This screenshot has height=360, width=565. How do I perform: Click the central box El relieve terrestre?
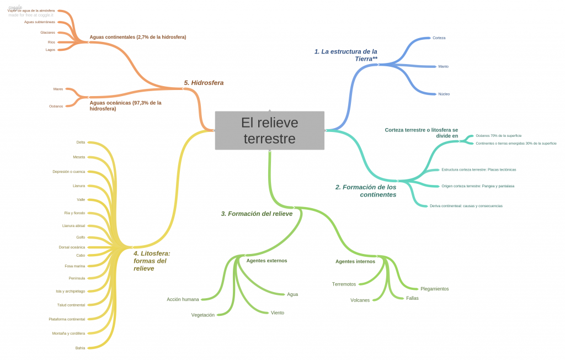tap(269, 130)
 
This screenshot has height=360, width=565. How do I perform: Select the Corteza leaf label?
tap(439, 38)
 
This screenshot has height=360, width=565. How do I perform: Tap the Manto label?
tap(443, 66)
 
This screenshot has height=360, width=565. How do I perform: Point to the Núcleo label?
tap(444, 94)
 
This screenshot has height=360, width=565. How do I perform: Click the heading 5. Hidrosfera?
tap(204, 83)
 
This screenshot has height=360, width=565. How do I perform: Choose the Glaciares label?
tap(47, 33)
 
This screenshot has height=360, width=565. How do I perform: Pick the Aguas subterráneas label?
tap(40, 22)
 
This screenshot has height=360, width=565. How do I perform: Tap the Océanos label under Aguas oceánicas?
tap(56, 106)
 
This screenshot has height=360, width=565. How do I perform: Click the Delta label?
tap(81, 142)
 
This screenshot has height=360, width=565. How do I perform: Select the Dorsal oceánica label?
tap(72, 247)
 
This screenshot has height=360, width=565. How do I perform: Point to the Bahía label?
tap(80, 348)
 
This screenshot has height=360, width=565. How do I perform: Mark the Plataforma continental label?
tap(67, 319)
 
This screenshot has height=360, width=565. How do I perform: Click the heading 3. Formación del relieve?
tap(257, 214)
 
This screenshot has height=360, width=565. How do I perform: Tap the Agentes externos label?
tap(266, 261)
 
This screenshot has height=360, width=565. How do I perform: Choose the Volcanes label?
tap(360, 300)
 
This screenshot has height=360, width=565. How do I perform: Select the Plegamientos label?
tap(434, 289)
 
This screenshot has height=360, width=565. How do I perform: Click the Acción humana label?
tap(183, 299)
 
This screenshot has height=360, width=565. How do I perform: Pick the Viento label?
tap(278, 313)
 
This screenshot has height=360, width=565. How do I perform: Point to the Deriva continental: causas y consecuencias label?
tap(466, 206)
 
